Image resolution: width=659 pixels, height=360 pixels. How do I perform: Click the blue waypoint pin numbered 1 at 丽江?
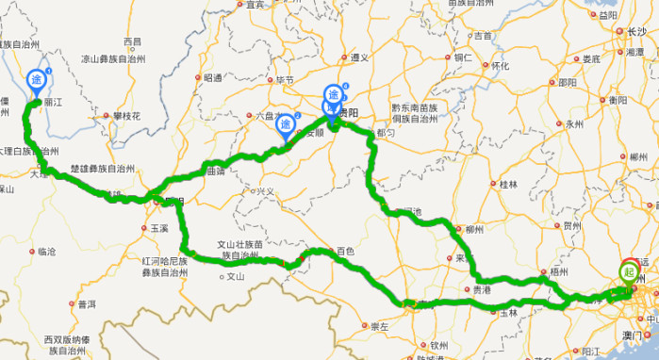tap(38, 79)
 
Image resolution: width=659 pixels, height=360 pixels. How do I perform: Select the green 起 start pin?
tap(629, 272)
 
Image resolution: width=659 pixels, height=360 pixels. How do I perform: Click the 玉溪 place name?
tap(158, 228)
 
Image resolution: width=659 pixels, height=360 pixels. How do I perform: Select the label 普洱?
tap(87, 303)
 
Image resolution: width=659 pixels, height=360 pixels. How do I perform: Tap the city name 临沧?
tap(46, 252)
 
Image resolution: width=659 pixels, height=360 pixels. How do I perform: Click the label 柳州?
tap(474, 229)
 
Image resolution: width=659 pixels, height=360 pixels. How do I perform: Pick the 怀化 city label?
tap(500, 65)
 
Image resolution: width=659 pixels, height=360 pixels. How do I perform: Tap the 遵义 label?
tap(359, 57)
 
